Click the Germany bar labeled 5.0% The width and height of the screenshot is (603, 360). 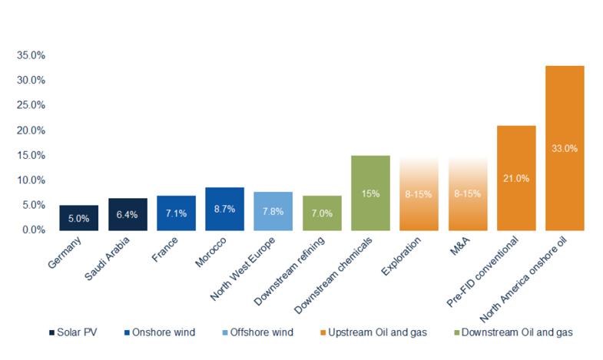pyautogui.click(x=78, y=218)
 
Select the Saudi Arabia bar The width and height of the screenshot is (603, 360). pyautogui.click(x=128, y=214)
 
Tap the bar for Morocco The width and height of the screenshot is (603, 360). pyautogui.click(x=224, y=209)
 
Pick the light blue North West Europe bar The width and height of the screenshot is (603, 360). pyautogui.click(x=273, y=211)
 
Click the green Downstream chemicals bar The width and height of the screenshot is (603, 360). pyautogui.click(x=370, y=193)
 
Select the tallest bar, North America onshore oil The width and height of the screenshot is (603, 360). pyautogui.click(x=565, y=147)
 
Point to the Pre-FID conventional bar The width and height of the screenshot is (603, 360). pyautogui.click(x=516, y=177)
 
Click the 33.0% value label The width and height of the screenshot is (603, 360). pyautogui.click(x=565, y=148)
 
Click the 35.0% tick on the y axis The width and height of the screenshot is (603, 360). pyautogui.click(x=29, y=56)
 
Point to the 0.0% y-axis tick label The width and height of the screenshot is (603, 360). pyautogui.click(x=32, y=230)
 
